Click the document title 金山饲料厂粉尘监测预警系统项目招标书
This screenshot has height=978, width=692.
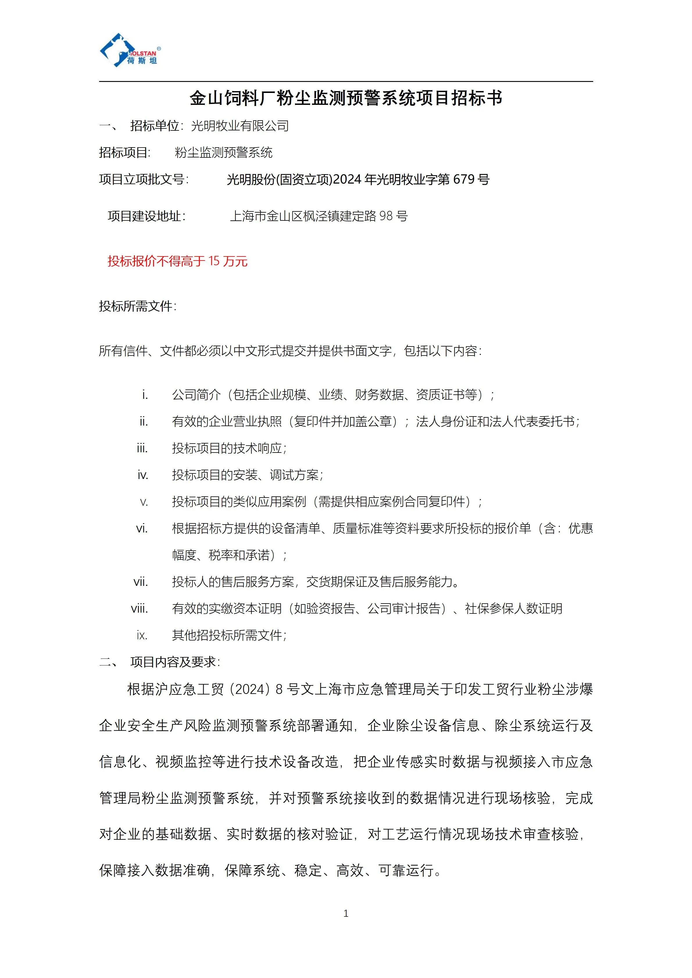tap(346, 98)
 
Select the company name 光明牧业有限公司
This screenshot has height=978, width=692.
tap(240, 126)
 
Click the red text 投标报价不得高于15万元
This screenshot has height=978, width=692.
tap(177, 261)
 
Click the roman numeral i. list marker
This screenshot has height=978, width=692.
tap(145, 395)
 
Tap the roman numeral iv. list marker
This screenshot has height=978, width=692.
tap(143, 475)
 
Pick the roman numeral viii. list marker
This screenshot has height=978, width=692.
tap(139, 609)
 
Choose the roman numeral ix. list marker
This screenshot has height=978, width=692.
tap(142, 636)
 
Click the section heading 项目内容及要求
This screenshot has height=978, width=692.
tap(175, 662)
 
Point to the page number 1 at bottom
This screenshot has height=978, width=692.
tap(346, 913)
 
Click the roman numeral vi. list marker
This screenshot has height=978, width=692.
tap(142, 529)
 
